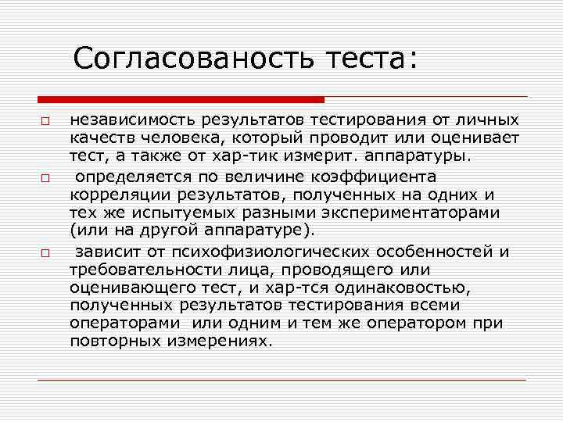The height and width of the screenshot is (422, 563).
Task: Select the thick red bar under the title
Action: coord(181,100)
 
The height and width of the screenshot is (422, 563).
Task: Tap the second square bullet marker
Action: coord(45,179)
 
